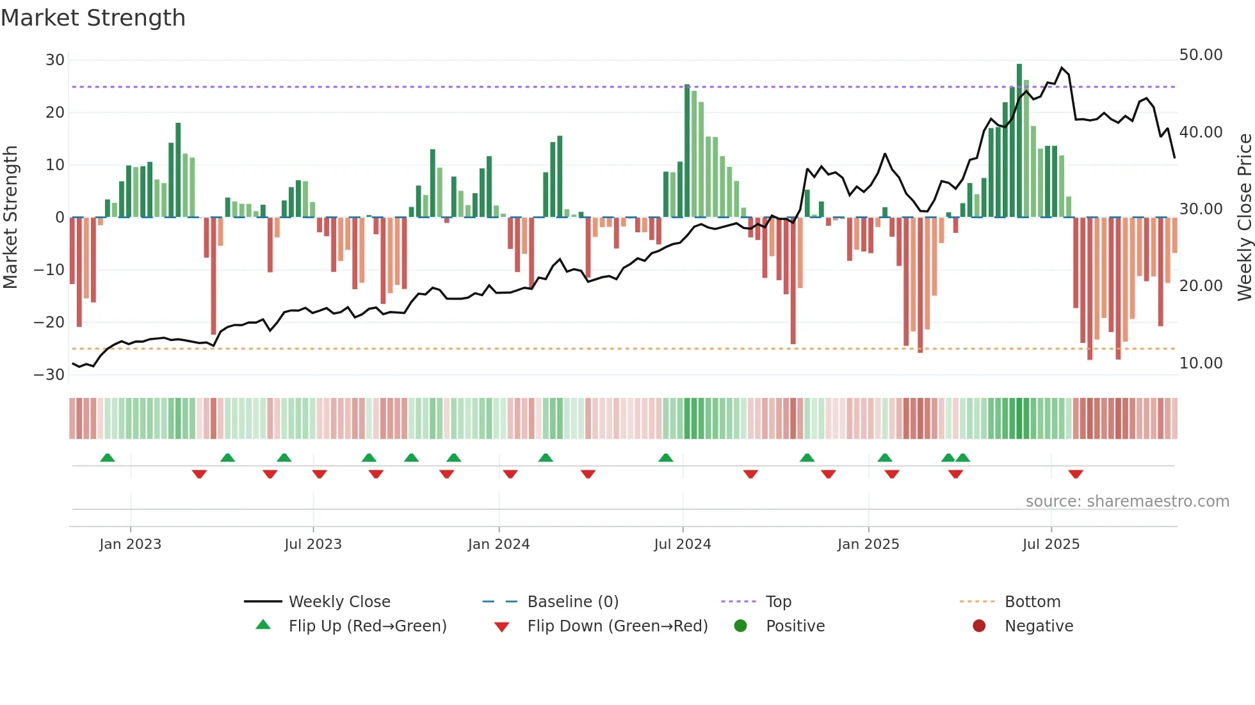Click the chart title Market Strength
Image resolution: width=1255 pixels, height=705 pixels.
point(93,18)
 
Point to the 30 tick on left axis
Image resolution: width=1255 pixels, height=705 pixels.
point(55,60)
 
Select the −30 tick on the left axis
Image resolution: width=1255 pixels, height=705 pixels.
point(49,375)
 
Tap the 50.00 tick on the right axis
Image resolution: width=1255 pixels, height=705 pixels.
point(1201,55)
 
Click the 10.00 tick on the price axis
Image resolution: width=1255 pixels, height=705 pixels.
point(1201,363)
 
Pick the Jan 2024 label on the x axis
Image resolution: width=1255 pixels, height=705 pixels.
point(499,544)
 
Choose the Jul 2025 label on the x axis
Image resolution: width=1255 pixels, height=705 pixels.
point(1051,544)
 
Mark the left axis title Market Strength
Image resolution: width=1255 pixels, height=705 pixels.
point(10,218)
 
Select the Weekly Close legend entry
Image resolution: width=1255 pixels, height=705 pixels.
point(339,602)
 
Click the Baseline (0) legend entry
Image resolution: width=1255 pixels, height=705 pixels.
point(572,602)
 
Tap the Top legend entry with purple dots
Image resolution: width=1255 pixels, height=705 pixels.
point(778,602)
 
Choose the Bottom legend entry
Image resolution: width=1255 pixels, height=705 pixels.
point(1032,602)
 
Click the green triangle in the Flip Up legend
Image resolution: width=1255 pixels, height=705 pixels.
point(263,625)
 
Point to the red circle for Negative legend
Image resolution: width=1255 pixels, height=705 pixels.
point(978,626)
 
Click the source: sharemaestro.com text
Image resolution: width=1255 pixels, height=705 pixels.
point(1127,502)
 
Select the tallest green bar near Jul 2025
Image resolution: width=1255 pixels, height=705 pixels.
point(1019,141)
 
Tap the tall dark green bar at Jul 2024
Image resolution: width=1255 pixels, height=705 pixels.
point(687,151)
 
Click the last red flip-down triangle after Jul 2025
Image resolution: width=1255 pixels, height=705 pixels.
point(1076,474)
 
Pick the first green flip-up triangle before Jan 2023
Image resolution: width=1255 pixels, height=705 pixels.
point(108,457)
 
